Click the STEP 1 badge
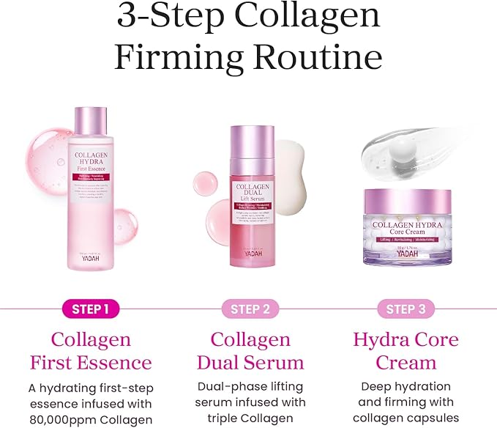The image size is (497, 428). (91, 309)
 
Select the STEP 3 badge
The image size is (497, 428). (406, 309)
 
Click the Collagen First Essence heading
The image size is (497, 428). (91, 351)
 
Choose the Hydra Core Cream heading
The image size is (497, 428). (406, 351)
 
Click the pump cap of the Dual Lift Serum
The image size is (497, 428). (252, 143)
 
